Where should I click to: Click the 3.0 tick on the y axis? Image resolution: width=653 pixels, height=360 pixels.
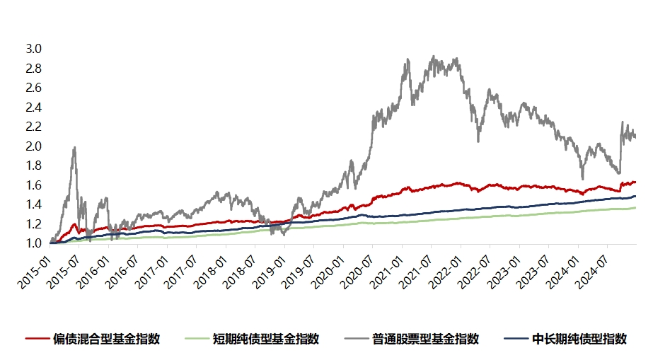pyautogui.click(x=34, y=50)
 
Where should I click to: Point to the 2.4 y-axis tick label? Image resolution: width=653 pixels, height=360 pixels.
pyautogui.click(x=34, y=108)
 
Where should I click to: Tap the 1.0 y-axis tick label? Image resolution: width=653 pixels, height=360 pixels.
pyautogui.click(x=34, y=243)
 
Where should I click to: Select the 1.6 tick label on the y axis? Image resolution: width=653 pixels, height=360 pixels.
pyautogui.click(x=34, y=185)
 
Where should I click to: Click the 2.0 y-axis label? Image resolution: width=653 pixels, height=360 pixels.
pyautogui.click(x=34, y=146)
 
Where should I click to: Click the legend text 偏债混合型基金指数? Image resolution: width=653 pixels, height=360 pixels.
pyautogui.click(x=106, y=339)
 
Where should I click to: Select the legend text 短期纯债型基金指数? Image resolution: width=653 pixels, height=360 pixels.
pyautogui.click(x=266, y=339)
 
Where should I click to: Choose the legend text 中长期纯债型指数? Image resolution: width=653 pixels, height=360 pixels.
pyautogui.click(x=579, y=339)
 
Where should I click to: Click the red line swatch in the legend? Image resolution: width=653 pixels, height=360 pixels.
pyautogui.click(x=37, y=339)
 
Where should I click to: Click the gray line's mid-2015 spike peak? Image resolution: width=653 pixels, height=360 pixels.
pyautogui.click(x=74, y=147)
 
